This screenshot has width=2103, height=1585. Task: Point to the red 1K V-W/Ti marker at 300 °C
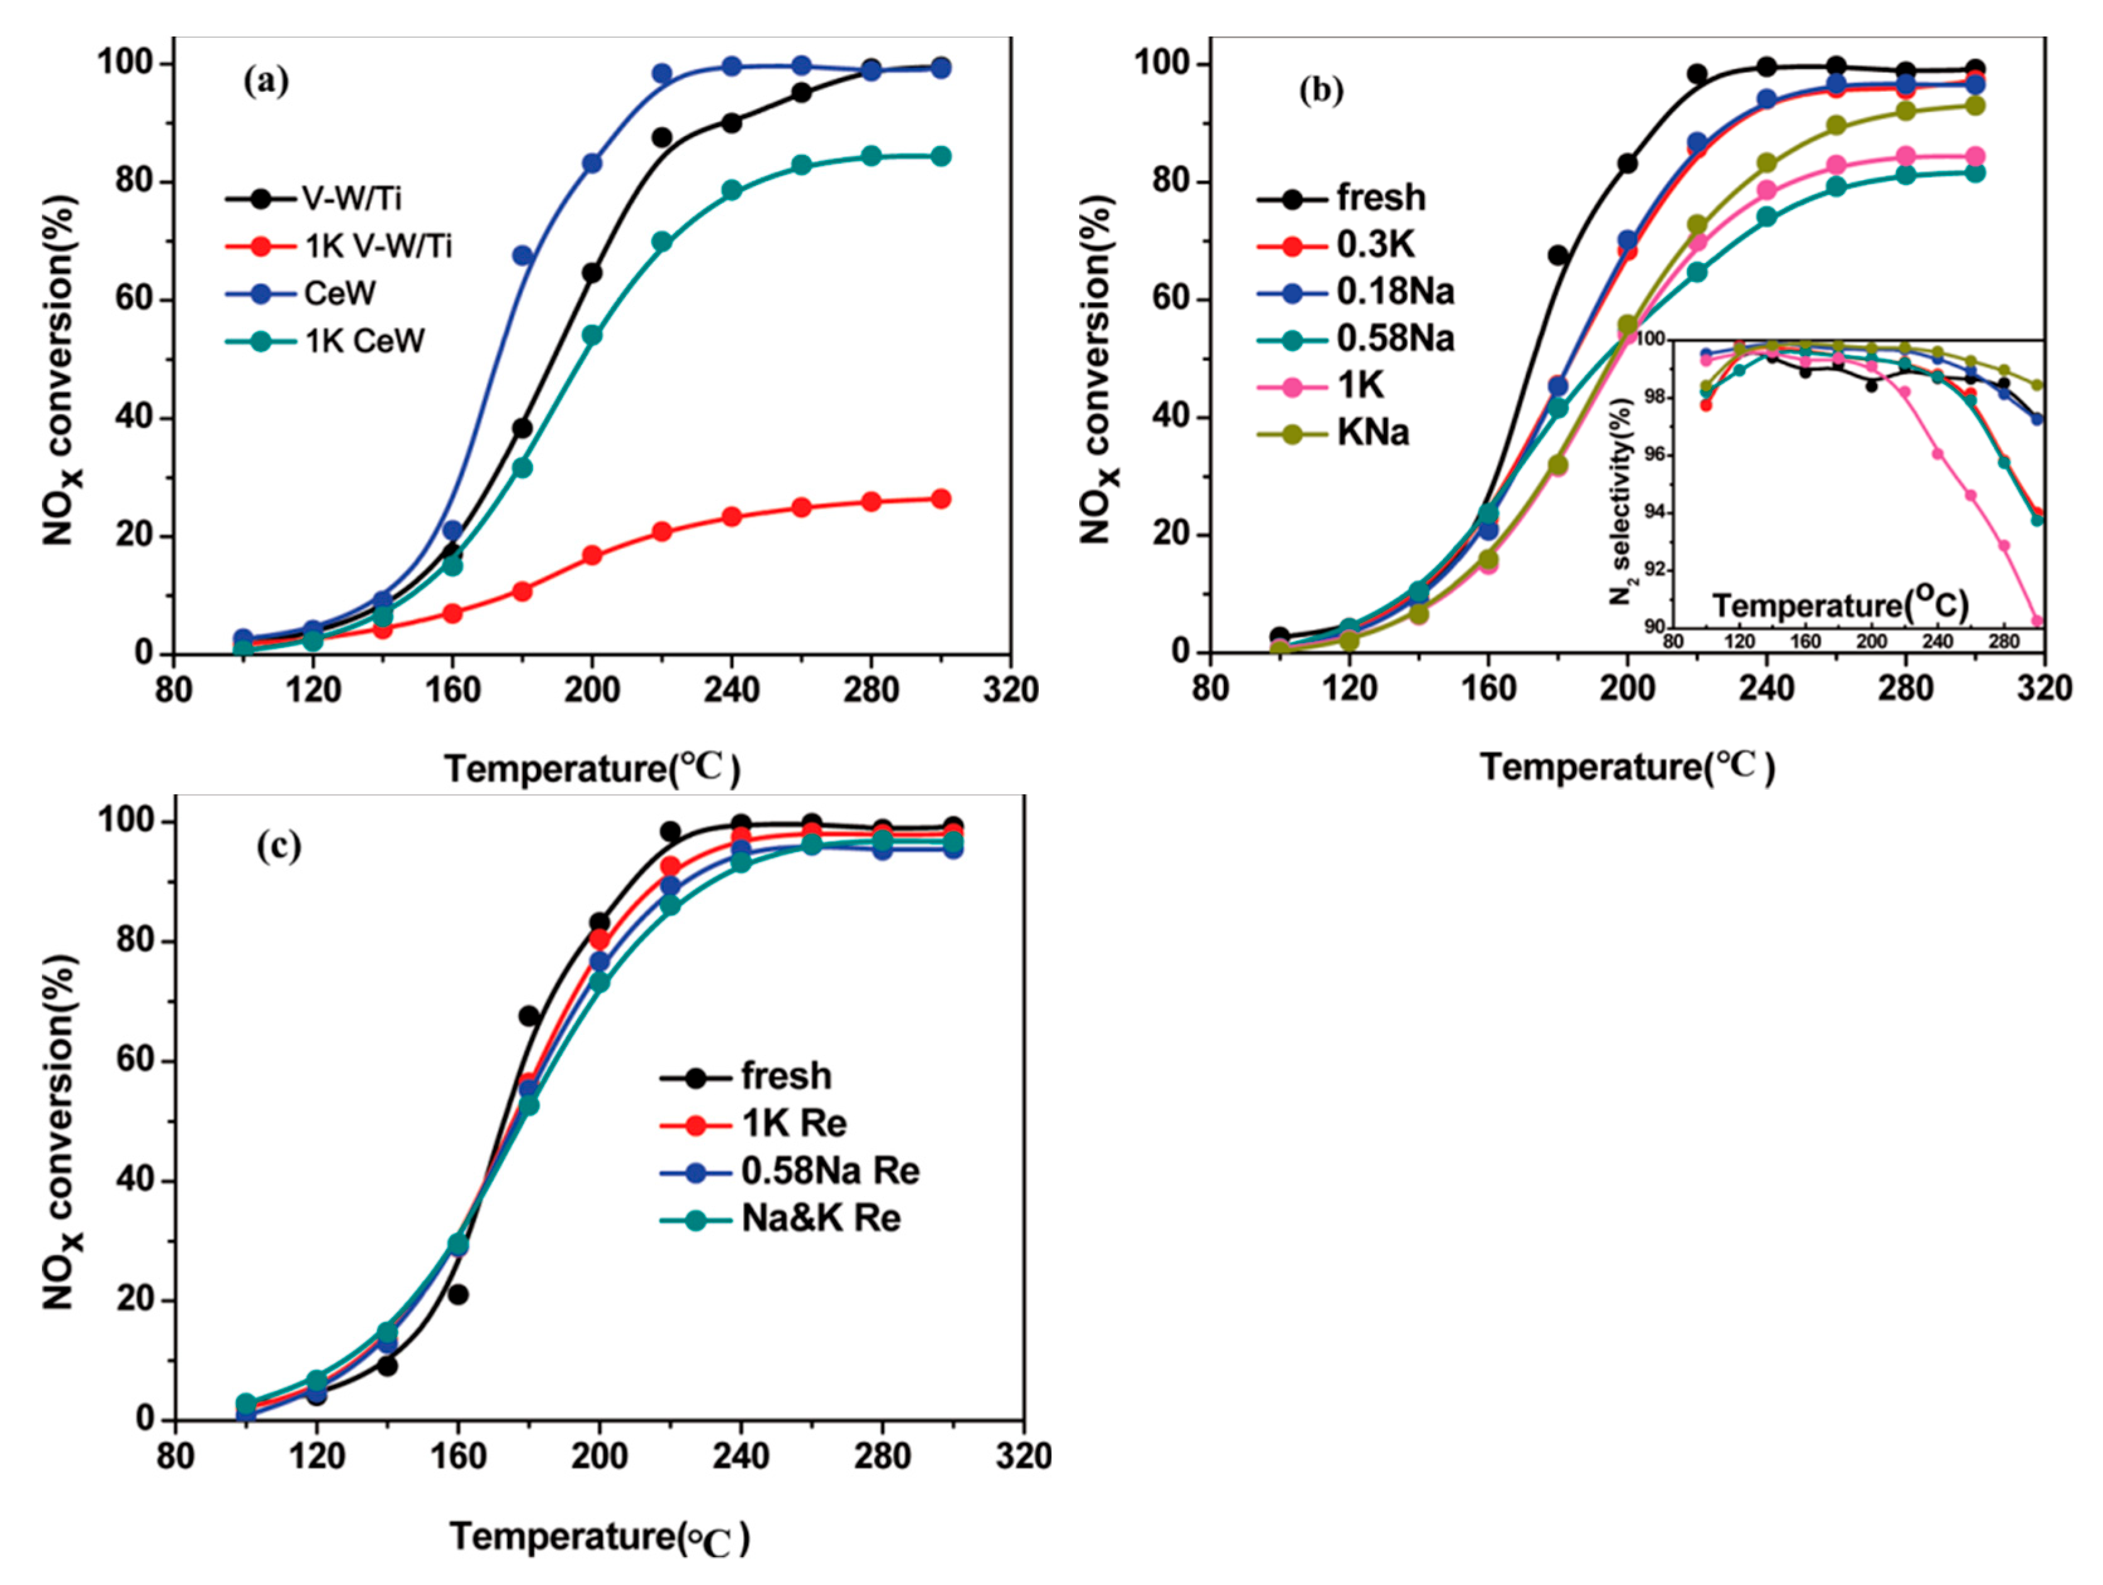tap(940, 499)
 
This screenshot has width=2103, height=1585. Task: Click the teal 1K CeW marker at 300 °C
tap(940, 157)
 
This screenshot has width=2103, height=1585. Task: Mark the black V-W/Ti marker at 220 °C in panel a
tap(662, 138)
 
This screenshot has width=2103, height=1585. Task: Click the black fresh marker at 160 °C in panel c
tap(458, 1294)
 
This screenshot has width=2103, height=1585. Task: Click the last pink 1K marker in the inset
tap(2036, 621)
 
